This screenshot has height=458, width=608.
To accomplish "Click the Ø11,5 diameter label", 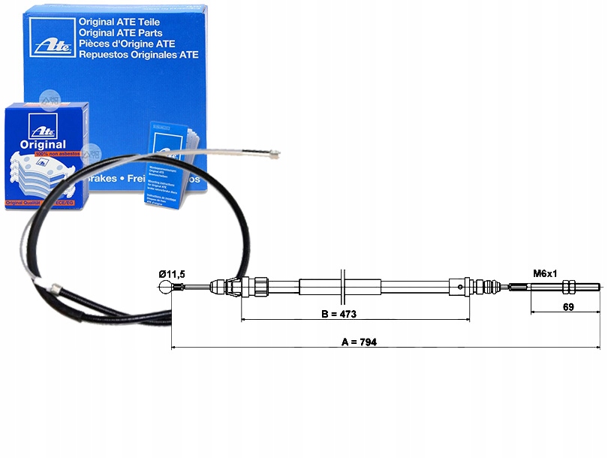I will (x=172, y=274).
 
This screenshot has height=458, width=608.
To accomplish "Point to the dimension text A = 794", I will (x=359, y=342).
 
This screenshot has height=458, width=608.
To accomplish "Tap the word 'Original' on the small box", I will (x=38, y=144).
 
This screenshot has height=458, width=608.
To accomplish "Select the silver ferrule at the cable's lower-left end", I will (x=53, y=288).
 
